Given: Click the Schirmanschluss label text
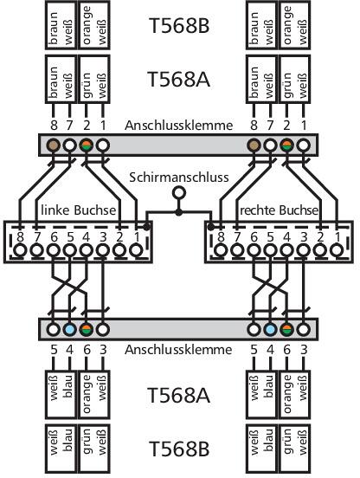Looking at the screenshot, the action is pyautogui.click(x=179, y=178).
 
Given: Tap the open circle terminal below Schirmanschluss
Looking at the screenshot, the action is pyautogui.click(x=179, y=193).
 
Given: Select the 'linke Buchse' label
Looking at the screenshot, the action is pyautogui.click(x=78, y=210).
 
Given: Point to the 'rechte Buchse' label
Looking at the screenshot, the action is pyautogui.click(x=279, y=210).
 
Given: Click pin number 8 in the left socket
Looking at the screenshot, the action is pyautogui.click(x=21, y=237).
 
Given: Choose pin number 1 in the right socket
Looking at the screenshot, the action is pyautogui.click(x=337, y=237).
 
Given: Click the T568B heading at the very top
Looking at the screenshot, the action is pyautogui.click(x=179, y=25).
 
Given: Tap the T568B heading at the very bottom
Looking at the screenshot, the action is pyautogui.click(x=179, y=449).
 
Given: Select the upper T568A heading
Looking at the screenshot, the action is pyautogui.click(x=179, y=79).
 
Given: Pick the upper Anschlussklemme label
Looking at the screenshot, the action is pyautogui.click(x=179, y=126).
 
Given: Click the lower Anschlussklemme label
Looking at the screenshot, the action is pyautogui.click(x=178, y=349).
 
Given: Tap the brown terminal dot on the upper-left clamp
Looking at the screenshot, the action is pyautogui.click(x=54, y=145).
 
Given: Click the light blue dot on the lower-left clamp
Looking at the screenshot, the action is pyautogui.click(x=70, y=329).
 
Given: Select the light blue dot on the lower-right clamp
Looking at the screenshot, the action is pyautogui.click(x=271, y=329).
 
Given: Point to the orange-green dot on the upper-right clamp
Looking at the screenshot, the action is pyautogui.click(x=287, y=145).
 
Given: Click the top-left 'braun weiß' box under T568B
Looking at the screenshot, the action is pyautogui.click(x=61, y=25).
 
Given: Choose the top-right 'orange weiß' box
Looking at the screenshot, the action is pyautogui.click(x=294, y=25).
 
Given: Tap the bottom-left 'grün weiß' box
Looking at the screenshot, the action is pyautogui.click(x=93, y=449).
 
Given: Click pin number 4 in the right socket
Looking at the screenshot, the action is pyautogui.click(x=286, y=237).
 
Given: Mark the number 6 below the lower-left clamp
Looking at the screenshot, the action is pyautogui.click(x=87, y=350).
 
